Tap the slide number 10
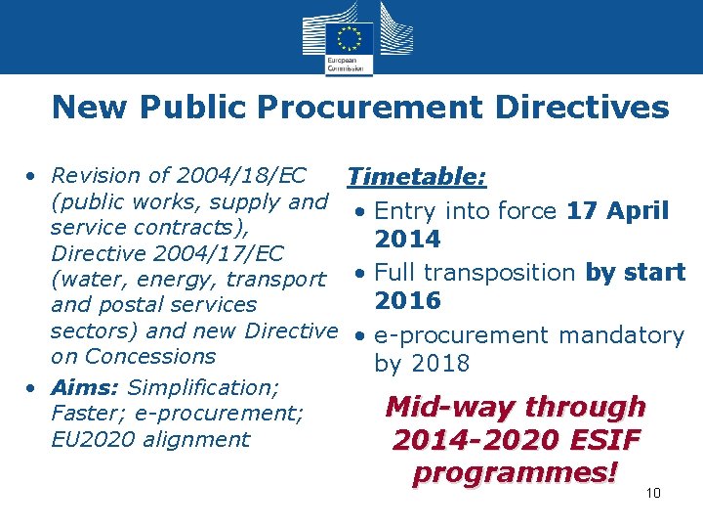click(x=653, y=493)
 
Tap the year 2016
click(x=408, y=300)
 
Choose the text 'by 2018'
click(x=422, y=364)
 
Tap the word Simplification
click(x=203, y=387)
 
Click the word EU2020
click(x=93, y=439)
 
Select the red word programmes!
click(x=516, y=472)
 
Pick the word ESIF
click(x=600, y=440)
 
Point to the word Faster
click(x=83, y=414)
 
